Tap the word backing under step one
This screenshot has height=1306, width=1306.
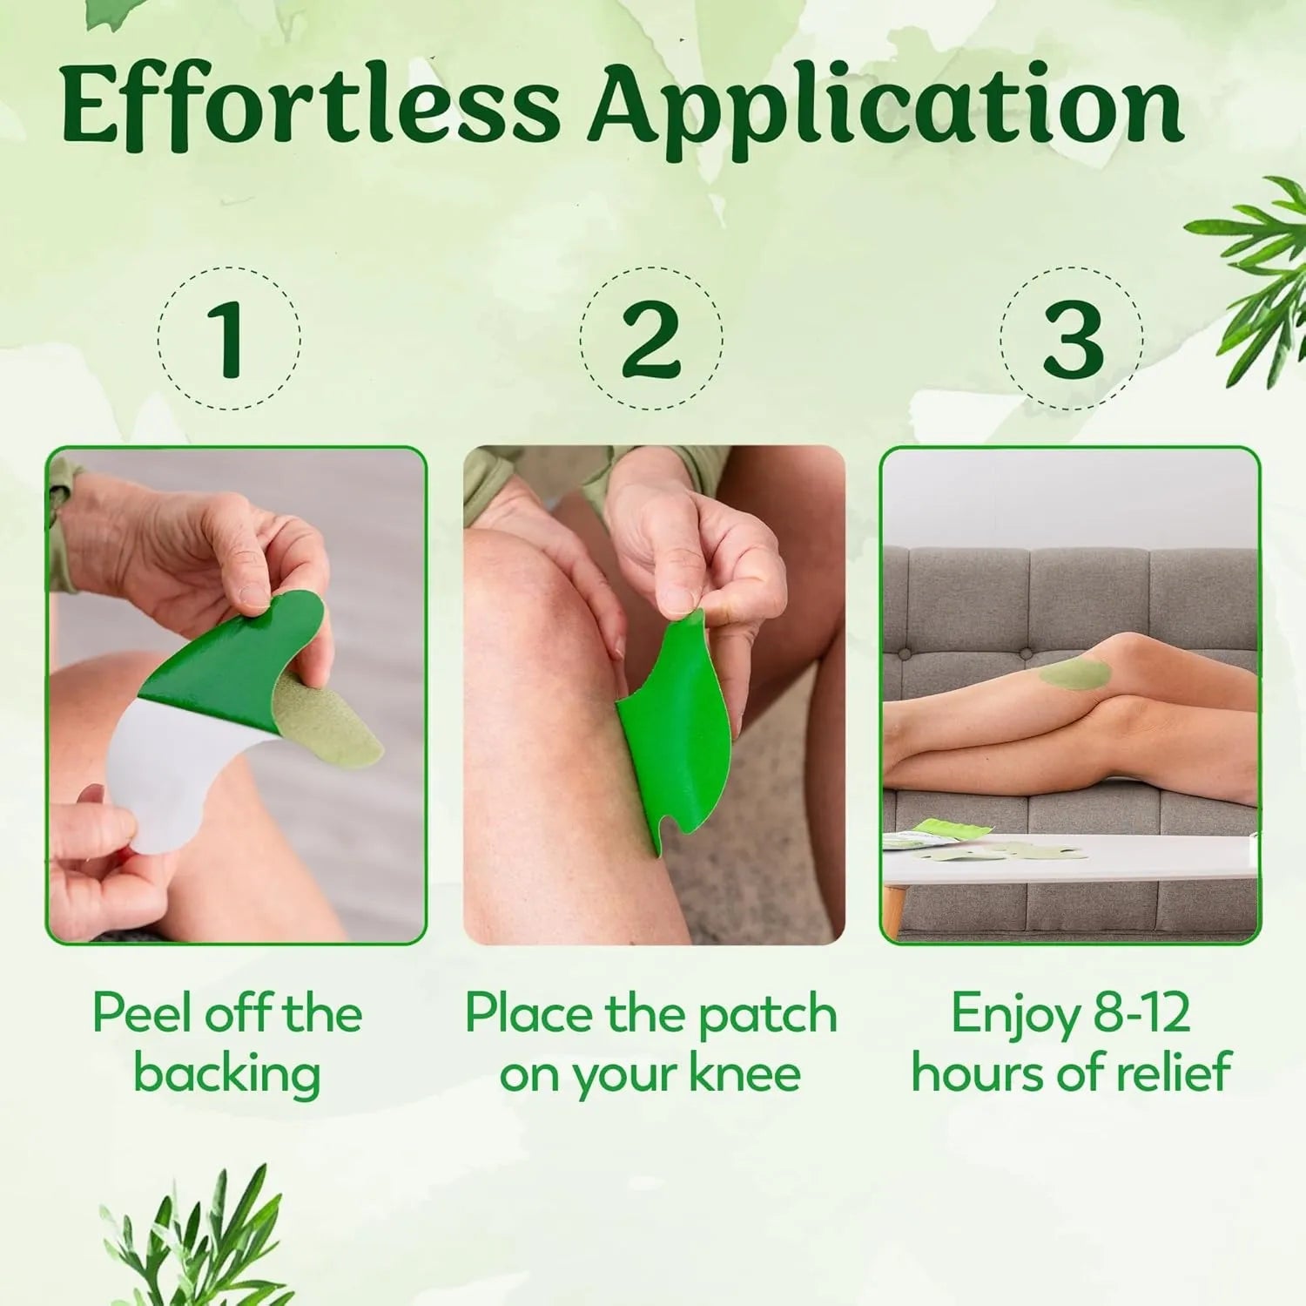coord(226,1073)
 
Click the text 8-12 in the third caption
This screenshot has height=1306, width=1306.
coord(1141,1013)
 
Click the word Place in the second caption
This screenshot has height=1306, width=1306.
coord(528,1013)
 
